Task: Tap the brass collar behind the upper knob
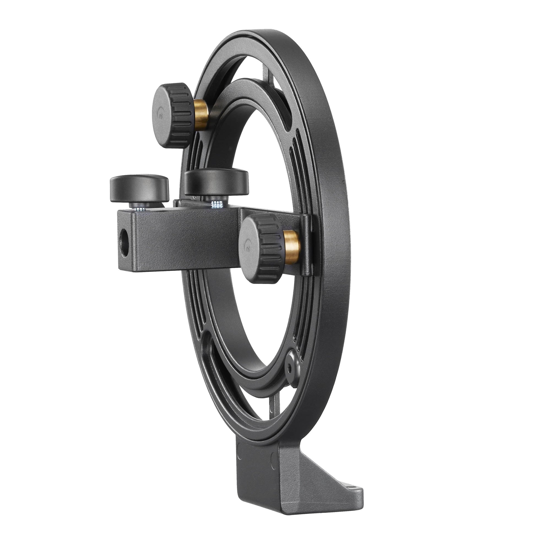tap(201, 115)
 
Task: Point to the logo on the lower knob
tap(246, 246)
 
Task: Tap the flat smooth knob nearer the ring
tap(216, 183)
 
